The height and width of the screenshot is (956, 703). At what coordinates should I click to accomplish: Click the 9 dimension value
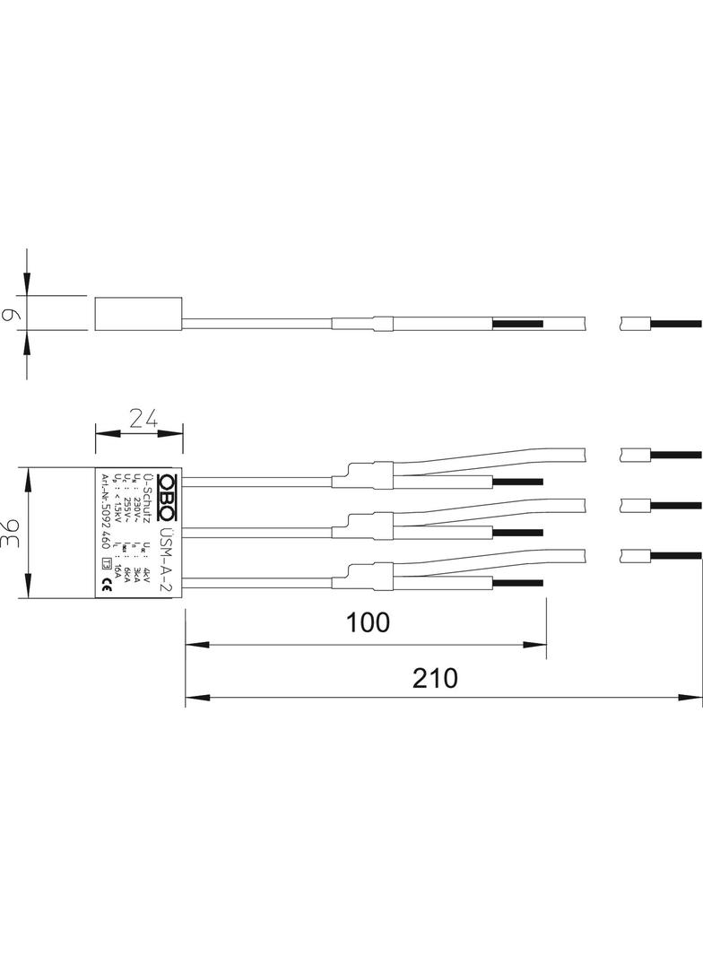coord(11,316)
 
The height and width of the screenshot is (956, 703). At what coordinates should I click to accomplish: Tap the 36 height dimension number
coord(12,532)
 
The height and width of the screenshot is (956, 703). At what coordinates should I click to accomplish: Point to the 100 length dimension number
coord(367,621)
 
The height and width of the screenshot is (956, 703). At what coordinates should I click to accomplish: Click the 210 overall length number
coord(435,678)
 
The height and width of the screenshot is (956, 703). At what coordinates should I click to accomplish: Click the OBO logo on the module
coord(166,495)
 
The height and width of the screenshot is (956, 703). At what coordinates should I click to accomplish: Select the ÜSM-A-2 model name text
coord(167,557)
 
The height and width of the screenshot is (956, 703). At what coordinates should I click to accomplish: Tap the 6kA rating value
coord(128,572)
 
